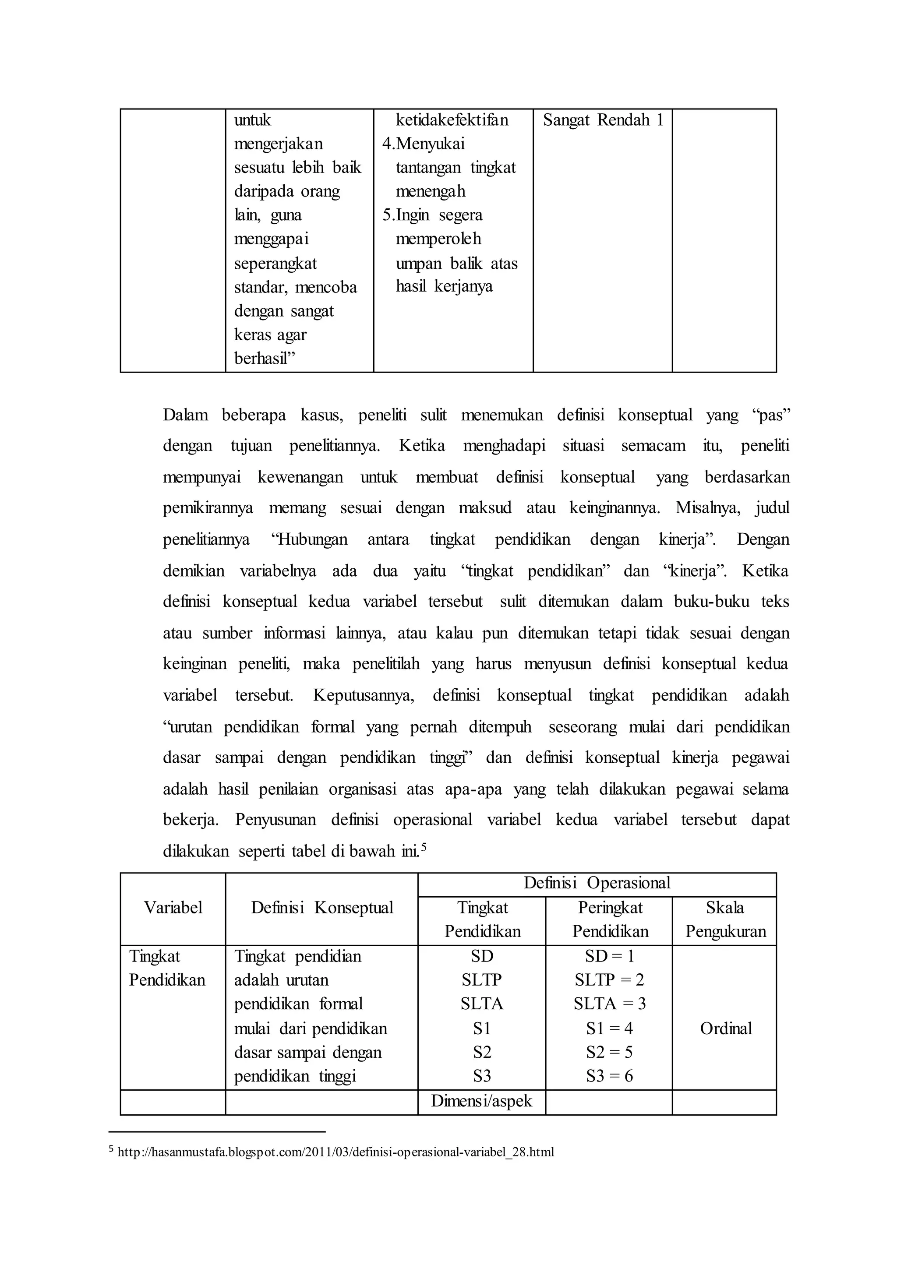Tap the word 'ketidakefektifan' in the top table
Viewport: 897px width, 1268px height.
coord(452,120)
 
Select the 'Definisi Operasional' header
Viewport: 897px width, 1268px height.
coord(597,883)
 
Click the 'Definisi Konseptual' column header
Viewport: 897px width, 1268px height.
coord(321,907)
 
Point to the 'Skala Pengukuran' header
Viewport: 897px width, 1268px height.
coord(725,919)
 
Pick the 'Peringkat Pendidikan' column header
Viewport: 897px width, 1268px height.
coord(610,919)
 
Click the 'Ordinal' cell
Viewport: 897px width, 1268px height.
coord(725,1028)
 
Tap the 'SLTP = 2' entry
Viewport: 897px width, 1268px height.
coord(609,980)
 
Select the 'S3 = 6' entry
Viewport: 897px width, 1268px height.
coord(609,1076)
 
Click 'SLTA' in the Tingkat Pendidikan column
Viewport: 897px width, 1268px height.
coord(482,1004)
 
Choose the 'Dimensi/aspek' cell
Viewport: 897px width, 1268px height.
coord(482,1101)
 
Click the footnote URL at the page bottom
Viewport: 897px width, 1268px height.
coord(335,1152)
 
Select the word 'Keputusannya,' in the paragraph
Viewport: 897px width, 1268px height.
coord(364,695)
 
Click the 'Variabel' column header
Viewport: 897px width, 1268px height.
coord(173,907)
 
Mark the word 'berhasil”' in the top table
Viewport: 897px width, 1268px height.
coord(265,359)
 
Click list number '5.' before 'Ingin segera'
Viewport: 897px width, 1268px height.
coord(388,215)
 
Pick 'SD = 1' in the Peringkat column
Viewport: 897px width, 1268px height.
coord(609,956)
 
